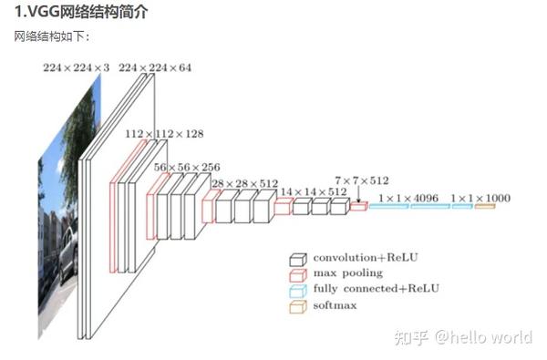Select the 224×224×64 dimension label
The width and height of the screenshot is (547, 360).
[155, 67]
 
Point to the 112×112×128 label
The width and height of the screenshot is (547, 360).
[164, 134]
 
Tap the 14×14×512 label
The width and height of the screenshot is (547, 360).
[313, 191]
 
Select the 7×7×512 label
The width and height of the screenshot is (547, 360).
[362, 180]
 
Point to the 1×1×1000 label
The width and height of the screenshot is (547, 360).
[480, 198]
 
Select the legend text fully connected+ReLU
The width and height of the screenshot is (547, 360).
[376, 289]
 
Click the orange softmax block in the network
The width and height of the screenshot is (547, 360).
[484, 207]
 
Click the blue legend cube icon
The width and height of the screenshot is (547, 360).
[296, 290]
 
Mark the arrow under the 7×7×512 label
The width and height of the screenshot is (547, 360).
[358, 194]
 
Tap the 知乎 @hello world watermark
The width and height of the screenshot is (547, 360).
[462, 338]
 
